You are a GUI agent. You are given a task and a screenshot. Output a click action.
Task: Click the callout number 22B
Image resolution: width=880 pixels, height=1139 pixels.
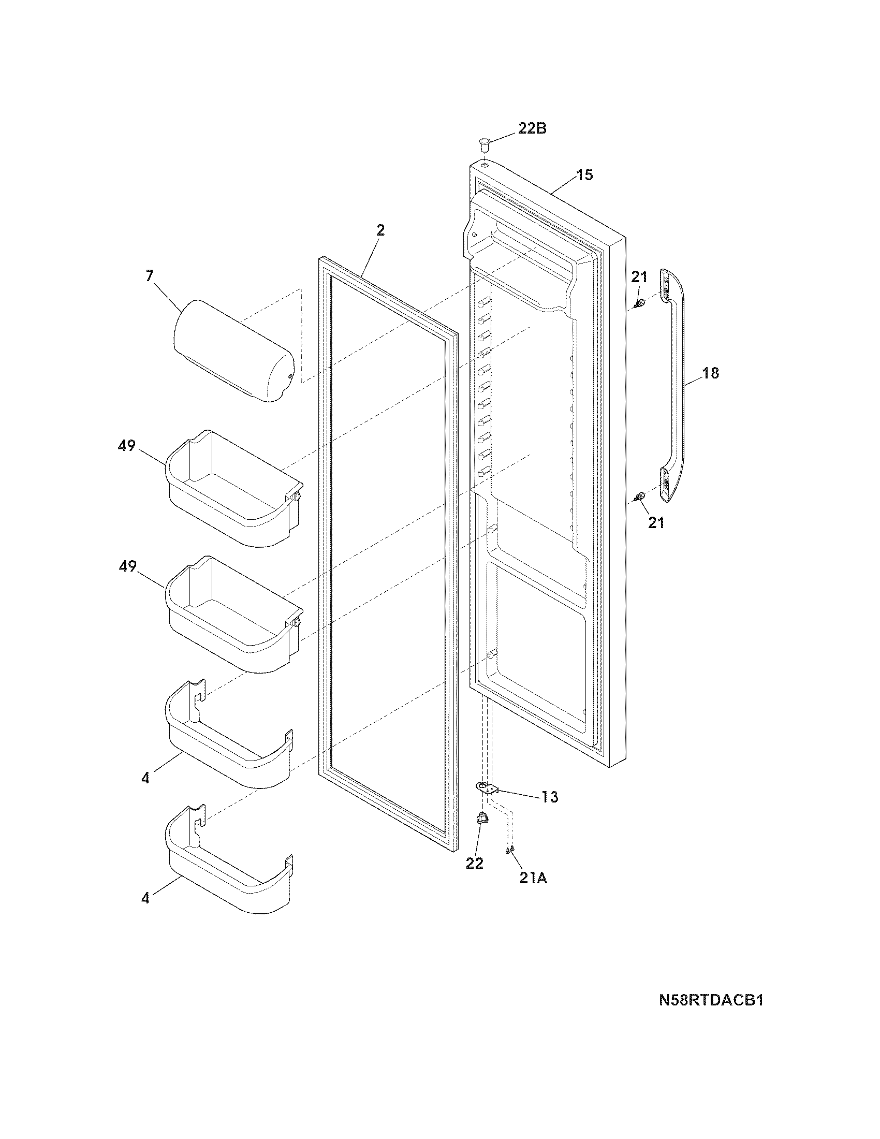pyautogui.click(x=532, y=128)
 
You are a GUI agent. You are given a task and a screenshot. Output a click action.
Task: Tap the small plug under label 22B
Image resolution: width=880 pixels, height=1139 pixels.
pyautogui.click(x=485, y=142)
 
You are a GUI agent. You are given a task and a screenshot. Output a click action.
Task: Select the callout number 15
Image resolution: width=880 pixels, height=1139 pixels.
pyautogui.click(x=584, y=174)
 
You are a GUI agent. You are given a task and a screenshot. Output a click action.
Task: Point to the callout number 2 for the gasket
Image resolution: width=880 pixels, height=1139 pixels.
pyautogui.click(x=380, y=230)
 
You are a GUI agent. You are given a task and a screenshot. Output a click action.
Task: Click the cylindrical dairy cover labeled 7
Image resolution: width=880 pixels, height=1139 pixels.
pyautogui.click(x=233, y=351)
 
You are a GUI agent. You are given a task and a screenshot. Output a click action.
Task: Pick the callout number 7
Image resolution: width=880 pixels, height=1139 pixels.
pyautogui.click(x=150, y=276)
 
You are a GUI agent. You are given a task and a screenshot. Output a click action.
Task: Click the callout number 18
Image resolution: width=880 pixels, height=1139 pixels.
pyautogui.click(x=710, y=373)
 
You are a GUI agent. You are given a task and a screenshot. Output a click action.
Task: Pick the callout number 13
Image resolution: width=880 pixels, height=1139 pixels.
pyautogui.click(x=549, y=811)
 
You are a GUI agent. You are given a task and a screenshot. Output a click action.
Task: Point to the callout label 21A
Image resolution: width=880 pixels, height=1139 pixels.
pyautogui.click(x=533, y=878)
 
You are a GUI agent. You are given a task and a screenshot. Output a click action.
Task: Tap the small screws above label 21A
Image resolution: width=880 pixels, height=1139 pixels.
pyautogui.click(x=510, y=850)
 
